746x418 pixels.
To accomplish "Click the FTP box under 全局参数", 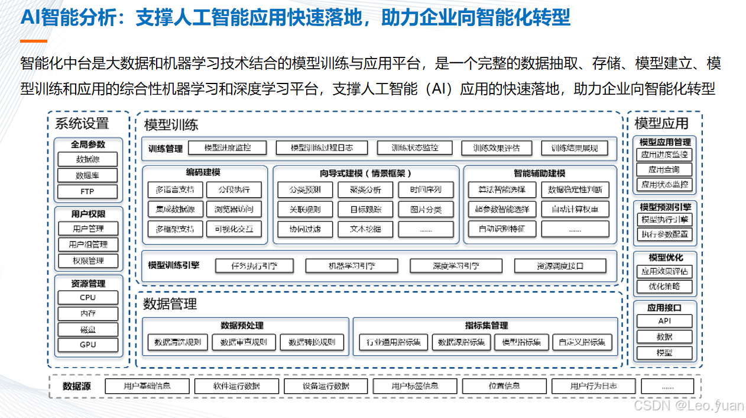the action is pyautogui.click(x=87, y=191).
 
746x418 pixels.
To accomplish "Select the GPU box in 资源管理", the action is pyautogui.click(x=87, y=345).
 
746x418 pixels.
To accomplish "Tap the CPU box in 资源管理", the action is pyautogui.click(x=87, y=297).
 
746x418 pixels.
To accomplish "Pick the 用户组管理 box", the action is pyautogui.click(x=87, y=245).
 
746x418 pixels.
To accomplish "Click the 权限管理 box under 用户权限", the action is pyautogui.click(x=87, y=261).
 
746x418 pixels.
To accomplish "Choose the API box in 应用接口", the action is pyautogui.click(x=664, y=321).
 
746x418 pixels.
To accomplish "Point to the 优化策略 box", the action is pyautogui.click(x=664, y=287).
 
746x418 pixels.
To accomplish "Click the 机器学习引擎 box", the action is pyautogui.click(x=352, y=266).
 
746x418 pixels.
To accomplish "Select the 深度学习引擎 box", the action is pyautogui.click(x=456, y=266).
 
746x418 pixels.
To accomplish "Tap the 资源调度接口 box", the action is pyautogui.click(x=560, y=266).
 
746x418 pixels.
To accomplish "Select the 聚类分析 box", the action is pyautogui.click(x=366, y=190).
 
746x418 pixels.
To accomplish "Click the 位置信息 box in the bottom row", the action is pyautogui.click(x=504, y=386).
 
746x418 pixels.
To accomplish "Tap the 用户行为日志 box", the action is pyautogui.click(x=593, y=386).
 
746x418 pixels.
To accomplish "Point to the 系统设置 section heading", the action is pyautogui.click(x=82, y=124).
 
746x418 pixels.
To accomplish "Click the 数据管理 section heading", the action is pyautogui.click(x=170, y=304).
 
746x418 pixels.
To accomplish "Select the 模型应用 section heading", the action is pyautogui.click(x=661, y=124).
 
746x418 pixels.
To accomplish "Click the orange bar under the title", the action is pyautogui.click(x=34, y=41).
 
